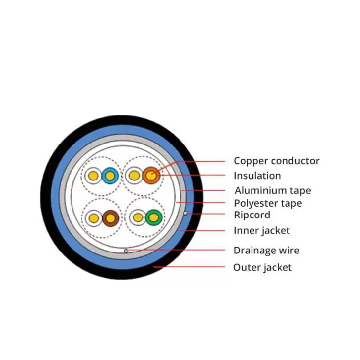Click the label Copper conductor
click(277, 161)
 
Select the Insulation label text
click(257, 176)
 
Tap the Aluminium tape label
click(273, 190)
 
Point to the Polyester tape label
click(268, 203)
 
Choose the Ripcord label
click(252, 215)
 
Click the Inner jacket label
click(262, 230)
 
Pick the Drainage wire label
click(267, 250)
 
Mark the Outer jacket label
click(262, 267)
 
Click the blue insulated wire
click(110, 176)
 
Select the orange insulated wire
click(151, 176)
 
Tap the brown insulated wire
click(110, 218)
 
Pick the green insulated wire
click(154, 217)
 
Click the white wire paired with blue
click(93, 176)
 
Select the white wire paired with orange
click(134, 176)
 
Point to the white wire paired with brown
click(93, 218)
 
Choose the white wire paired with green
click(138, 217)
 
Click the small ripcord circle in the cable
click(185, 214)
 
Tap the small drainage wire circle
click(126, 251)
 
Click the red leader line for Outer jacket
click(189, 267)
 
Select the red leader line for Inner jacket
click(202, 231)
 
